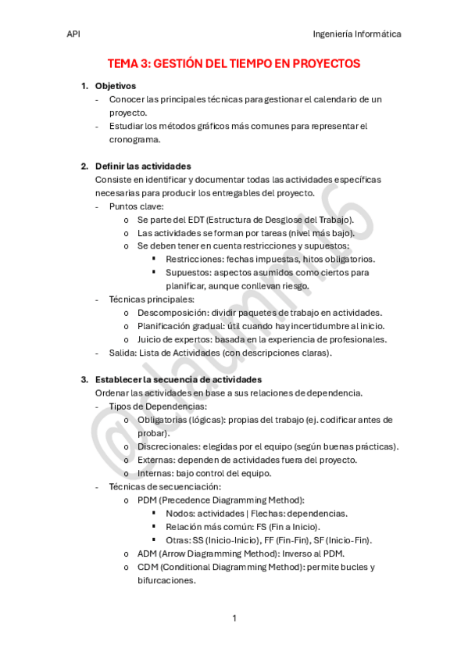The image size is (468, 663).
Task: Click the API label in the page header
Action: point(73,34)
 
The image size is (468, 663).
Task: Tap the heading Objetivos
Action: point(115,86)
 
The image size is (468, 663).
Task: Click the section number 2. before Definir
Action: point(84,167)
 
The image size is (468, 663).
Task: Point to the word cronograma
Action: point(134,140)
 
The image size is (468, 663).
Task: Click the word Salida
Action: point(122,353)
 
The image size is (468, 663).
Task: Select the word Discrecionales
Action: point(168,446)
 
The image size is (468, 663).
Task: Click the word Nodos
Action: point(180,513)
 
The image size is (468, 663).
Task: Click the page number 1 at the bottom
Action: point(234,618)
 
